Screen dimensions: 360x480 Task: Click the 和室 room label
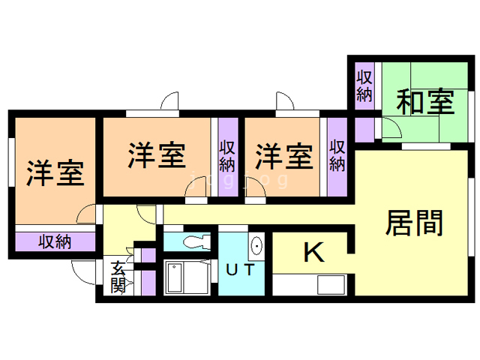425,100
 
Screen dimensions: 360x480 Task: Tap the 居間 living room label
415,223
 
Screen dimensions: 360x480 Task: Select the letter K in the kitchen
313,253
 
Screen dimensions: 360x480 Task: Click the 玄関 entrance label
118,277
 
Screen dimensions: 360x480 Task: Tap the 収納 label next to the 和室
365,85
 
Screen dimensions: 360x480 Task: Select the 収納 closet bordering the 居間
337,155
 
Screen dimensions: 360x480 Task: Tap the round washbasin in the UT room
256,245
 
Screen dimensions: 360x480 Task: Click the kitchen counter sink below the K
330,286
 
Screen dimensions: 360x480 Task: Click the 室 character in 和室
439,100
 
